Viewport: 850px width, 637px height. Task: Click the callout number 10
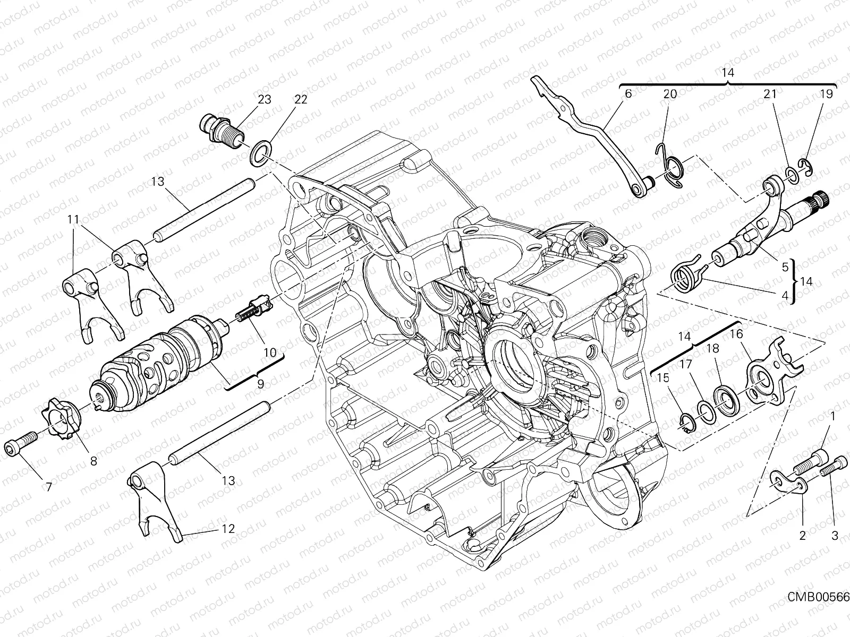269,352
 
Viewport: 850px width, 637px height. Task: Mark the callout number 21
770,94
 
